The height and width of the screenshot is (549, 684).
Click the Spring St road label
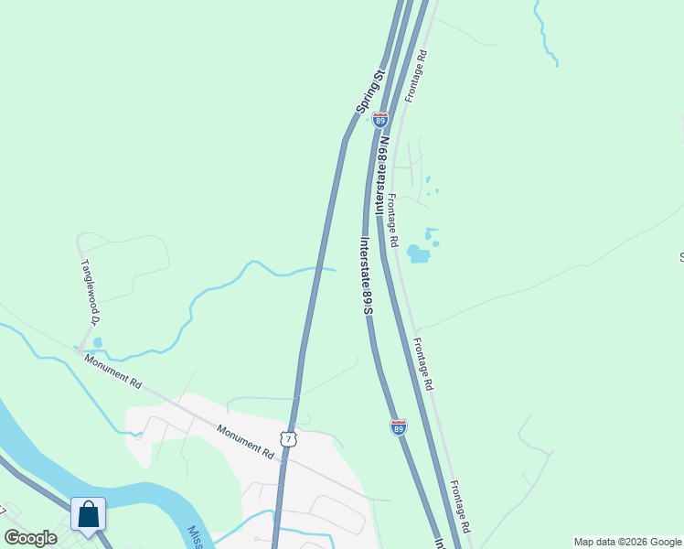371,91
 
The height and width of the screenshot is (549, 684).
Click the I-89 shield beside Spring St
380,120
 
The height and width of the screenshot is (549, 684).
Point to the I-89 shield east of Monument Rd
399,427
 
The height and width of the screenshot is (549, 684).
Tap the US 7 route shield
288,440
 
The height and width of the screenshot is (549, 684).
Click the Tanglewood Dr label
90,291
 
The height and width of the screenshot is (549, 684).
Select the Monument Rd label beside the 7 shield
245,440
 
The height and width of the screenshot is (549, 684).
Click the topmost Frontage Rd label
415,76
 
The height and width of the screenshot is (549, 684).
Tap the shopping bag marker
89,515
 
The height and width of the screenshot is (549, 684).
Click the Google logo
31,538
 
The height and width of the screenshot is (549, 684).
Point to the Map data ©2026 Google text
627,542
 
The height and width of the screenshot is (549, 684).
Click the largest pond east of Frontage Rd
418,253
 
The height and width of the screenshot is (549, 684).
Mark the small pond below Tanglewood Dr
97,343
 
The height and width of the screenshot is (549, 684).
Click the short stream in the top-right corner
546,37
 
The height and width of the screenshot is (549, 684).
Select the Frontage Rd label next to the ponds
392,221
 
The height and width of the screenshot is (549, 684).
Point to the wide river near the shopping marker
137,494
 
